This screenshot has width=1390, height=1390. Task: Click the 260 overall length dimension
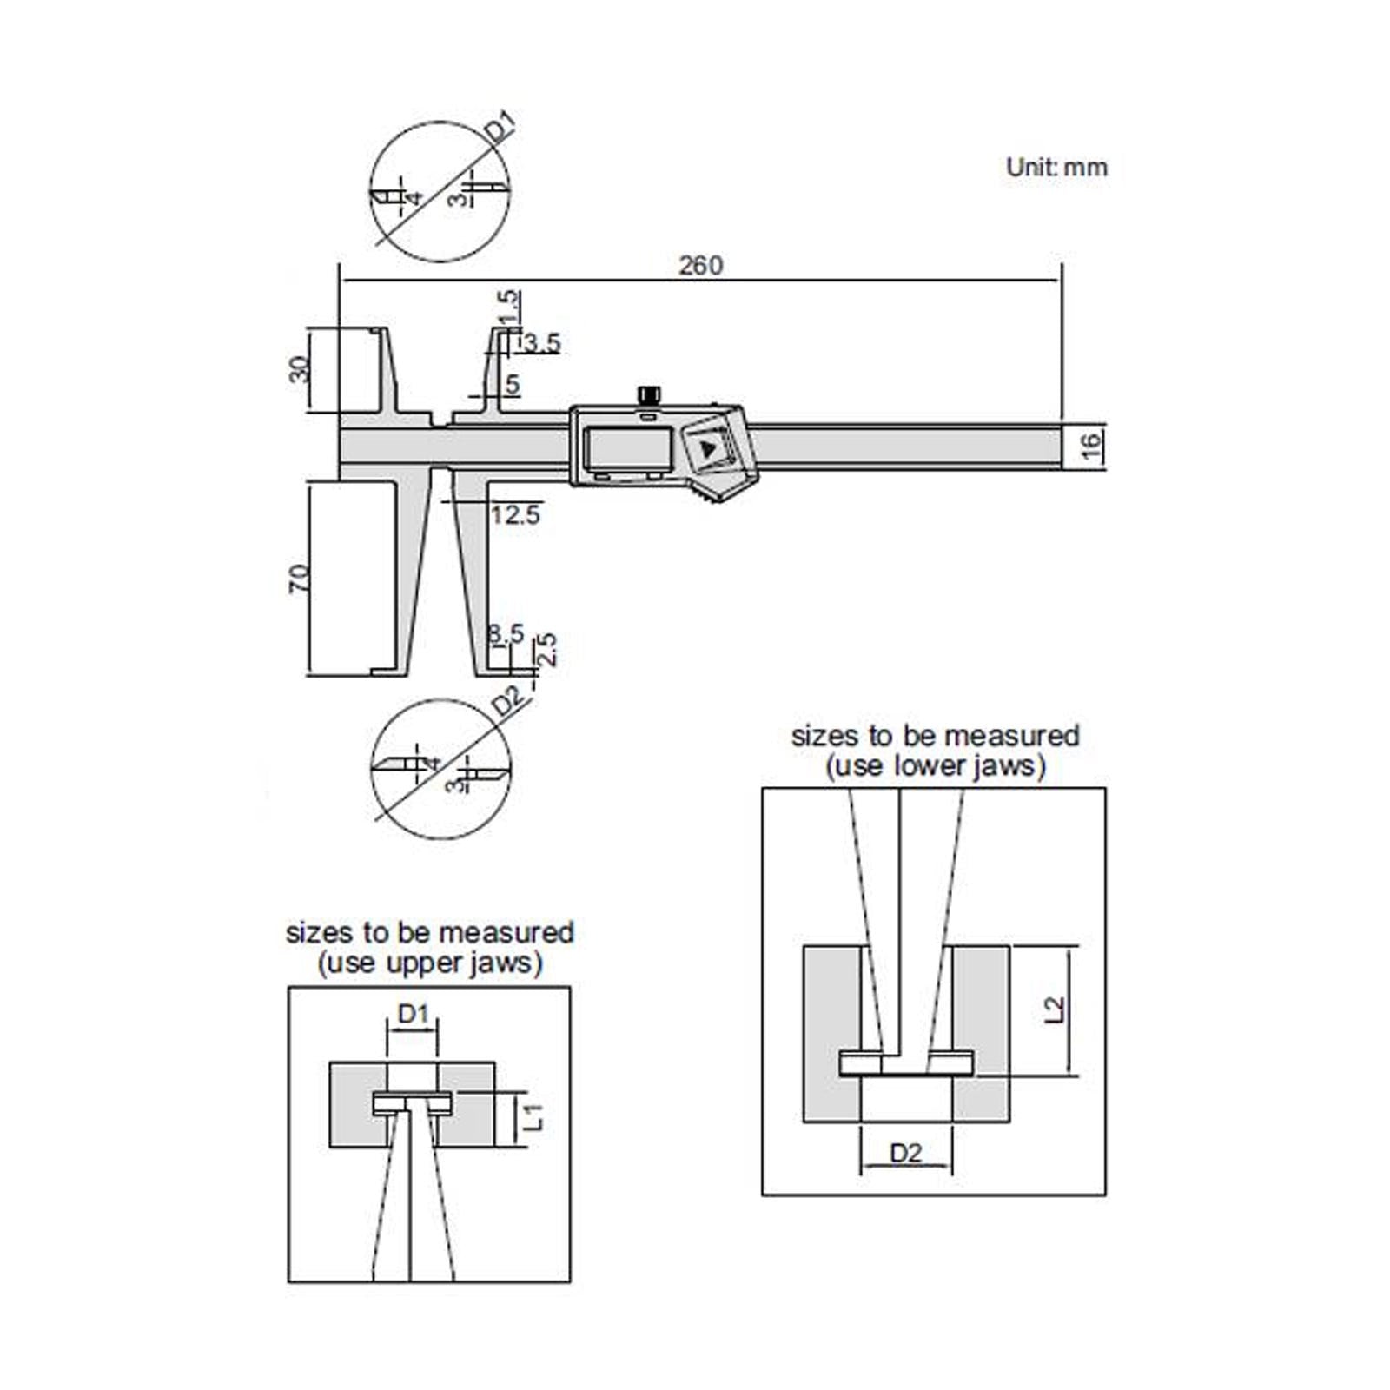pos(700,264)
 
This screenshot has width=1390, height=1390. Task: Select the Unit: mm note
pos(1056,167)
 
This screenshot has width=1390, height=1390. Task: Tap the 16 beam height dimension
pos(1092,447)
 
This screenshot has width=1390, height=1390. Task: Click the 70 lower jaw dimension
pos(298,578)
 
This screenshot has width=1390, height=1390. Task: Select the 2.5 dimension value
pos(546,648)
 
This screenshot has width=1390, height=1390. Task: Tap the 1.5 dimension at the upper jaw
pos(509,306)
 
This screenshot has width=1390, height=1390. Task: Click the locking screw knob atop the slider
pos(648,395)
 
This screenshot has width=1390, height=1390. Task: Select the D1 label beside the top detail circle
pos(500,129)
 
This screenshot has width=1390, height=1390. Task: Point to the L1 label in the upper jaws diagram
pos(536,1116)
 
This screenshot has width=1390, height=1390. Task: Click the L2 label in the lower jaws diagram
pos(1053,1009)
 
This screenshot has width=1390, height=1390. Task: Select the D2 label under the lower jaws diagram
pos(905,1153)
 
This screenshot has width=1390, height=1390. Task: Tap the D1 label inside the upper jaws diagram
pos(414,1013)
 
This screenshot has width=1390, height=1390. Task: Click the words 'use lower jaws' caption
pos(935,766)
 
